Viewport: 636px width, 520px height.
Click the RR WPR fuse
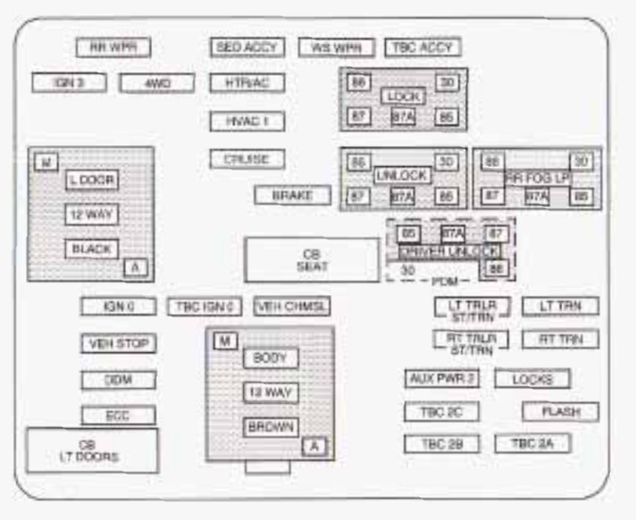click(113, 48)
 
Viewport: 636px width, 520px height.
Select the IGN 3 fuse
click(69, 82)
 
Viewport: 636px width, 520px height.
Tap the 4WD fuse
click(157, 82)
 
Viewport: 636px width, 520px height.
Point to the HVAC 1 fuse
click(247, 122)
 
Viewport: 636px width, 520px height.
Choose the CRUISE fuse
click(247, 159)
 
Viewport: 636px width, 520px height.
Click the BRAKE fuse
click(292, 195)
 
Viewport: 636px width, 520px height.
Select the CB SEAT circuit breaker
click(312, 260)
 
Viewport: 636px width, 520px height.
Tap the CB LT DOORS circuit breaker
click(92, 450)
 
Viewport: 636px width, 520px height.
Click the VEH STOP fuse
click(118, 344)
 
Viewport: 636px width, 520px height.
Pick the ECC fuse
click(118, 416)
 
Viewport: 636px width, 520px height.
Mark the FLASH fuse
click(560, 411)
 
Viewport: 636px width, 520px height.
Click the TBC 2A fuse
click(532, 443)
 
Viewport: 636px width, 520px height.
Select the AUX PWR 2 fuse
click(442, 379)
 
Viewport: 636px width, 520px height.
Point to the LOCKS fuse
click(532, 379)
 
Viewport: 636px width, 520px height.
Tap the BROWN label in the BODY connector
click(270, 427)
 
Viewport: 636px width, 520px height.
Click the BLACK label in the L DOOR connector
click(91, 249)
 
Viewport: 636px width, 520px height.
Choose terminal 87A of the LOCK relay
click(402, 117)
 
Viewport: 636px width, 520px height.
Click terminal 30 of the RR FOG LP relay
click(581, 162)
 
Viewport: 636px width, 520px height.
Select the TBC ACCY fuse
click(422, 47)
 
